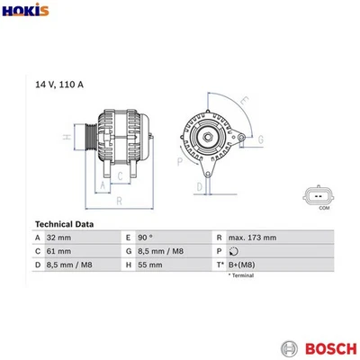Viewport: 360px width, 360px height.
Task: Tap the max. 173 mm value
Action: coord(253,238)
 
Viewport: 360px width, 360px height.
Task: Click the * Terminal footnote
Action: coord(241,276)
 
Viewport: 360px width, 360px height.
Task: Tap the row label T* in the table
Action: coord(220,266)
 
